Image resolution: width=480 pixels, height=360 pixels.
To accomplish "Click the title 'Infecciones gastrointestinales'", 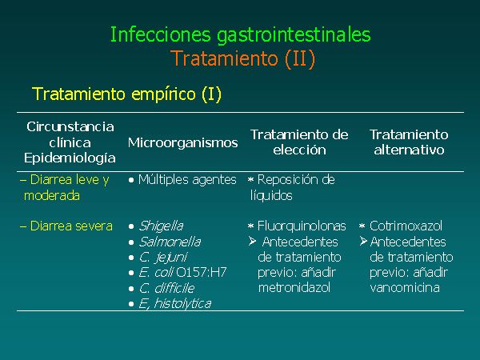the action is [x=240, y=35].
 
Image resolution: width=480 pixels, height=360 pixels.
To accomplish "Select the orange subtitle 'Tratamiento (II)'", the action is [x=242, y=58].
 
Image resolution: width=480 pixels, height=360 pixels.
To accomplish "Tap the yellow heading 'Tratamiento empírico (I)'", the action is [x=126, y=94].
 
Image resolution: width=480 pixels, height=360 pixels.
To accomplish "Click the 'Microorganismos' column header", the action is [x=182, y=142].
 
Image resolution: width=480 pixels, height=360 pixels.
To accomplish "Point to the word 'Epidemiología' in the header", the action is [x=70, y=158].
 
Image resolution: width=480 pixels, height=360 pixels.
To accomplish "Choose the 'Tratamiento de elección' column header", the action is [x=299, y=142].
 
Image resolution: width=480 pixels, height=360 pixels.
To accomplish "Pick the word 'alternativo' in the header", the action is [x=409, y=150].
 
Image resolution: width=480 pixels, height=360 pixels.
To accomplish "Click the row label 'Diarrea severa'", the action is [x=71, y=226].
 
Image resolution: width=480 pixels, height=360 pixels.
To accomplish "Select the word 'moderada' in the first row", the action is [x=52, y=196].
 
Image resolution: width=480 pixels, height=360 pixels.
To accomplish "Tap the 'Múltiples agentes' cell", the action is [x=187, y=180].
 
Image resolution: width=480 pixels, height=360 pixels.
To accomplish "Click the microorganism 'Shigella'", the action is [x=161, y=226].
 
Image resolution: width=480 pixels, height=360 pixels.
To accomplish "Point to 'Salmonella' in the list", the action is [x=170, y=242].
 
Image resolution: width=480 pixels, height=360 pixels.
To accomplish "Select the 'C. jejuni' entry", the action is [x=163, y=258].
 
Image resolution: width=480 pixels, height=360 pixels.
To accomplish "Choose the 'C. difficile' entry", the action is [x=166, y=288].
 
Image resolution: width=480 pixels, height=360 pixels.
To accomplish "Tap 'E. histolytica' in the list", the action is [x=174, y=304].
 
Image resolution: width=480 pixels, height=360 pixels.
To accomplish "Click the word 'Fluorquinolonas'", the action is [x=302, y=226].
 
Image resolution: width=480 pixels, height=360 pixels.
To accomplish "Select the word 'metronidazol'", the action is [x=294, y=288].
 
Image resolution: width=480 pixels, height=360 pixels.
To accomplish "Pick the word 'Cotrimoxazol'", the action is [x=406, y=226].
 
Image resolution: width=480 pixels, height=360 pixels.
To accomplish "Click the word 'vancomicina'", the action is [x=405, y=288].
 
